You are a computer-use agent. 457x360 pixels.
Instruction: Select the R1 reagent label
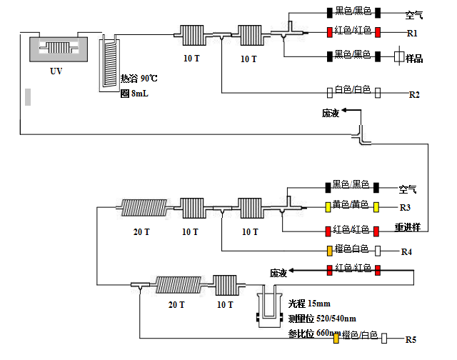pos(413,33)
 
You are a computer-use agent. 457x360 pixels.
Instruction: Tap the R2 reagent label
pos(413,94)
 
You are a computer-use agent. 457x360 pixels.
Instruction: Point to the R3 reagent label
pos(406,208)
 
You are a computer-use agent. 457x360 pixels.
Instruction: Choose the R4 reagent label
pos(406,251)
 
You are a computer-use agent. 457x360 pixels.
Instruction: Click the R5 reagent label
pos(411,339)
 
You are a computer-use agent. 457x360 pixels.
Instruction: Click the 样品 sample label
pos(414,59)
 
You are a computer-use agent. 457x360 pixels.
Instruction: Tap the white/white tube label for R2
pos(353,90)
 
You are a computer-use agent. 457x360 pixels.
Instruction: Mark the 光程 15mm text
pos(305,304)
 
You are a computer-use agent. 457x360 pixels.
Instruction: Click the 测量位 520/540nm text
pos(316,319)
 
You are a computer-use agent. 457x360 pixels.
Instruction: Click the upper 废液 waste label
pos(331,113)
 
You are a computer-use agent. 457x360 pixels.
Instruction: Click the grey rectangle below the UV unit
pos(28,96)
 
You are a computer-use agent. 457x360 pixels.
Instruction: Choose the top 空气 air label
pos(414,14)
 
